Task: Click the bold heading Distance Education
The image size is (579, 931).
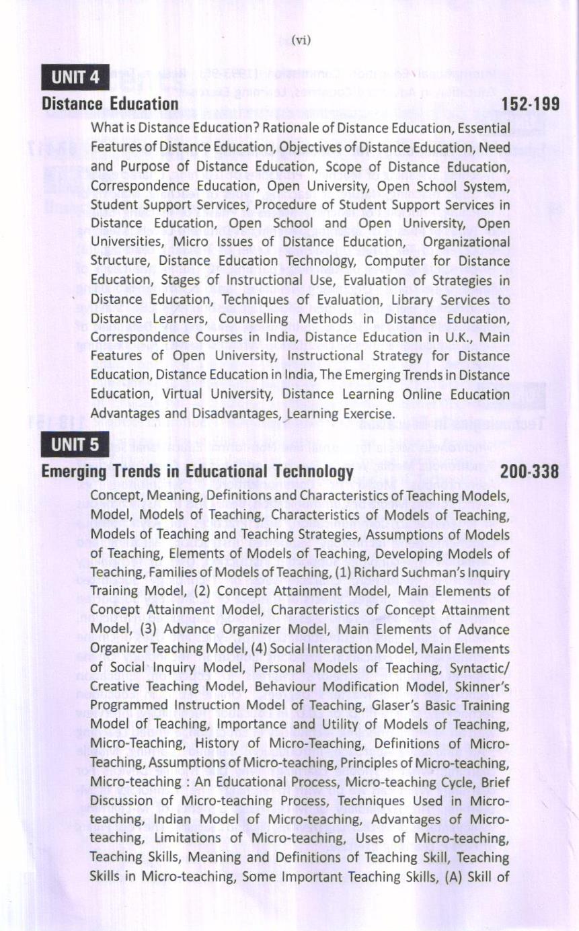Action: pyautogui.click(x=110, y=104)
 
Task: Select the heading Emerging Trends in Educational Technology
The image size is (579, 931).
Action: pyautogui.click(x=197, y=472)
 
